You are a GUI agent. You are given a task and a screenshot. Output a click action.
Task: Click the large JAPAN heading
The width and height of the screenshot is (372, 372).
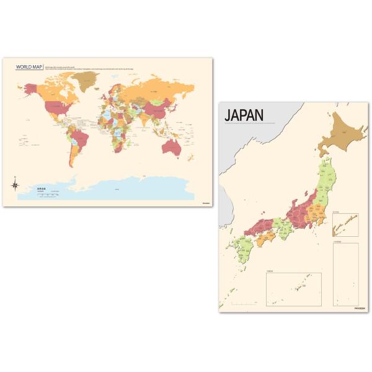pos(244,115)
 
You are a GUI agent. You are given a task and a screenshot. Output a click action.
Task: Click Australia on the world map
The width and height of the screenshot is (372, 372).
pos(170,146)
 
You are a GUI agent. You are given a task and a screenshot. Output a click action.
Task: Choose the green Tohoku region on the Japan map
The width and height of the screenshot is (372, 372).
pos(325,180)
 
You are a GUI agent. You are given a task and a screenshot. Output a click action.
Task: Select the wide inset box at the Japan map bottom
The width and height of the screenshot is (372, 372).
pos(293,289)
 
